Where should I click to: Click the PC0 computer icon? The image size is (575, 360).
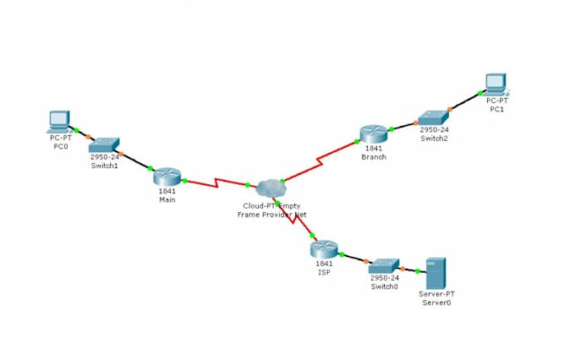(58, 122)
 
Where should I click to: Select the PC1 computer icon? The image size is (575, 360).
(496, 82)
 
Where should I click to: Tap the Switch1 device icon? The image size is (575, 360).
(106, 145)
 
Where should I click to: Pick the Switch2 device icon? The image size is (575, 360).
(435, 118)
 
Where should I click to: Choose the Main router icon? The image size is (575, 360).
(167, 176)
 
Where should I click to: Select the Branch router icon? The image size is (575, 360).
(372, 134)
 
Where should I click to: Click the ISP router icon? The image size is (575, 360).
(323, 248)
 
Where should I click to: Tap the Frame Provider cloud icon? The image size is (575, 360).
(271, 188)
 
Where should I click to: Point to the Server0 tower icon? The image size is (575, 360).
(436, 274)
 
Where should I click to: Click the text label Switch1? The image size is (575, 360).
(104, 165)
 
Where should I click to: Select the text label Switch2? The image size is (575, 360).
(434, 139)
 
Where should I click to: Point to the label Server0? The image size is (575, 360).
(435, 302)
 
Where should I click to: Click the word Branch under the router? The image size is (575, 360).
(373, 157)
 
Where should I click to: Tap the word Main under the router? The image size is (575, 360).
(167, 199)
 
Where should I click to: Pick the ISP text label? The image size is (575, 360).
(323, 272)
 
